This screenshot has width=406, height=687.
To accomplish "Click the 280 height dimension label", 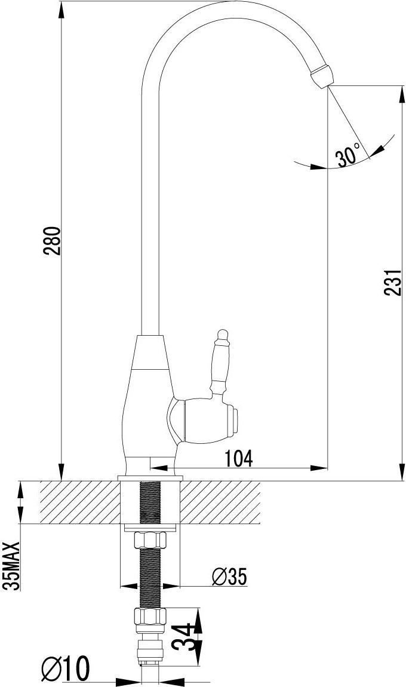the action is point(52,241).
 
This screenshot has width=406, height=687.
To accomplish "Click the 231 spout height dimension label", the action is point(393,282).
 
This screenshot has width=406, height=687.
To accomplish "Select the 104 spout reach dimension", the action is point(239,458).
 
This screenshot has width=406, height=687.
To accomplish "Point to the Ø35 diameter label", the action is point(229,577).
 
